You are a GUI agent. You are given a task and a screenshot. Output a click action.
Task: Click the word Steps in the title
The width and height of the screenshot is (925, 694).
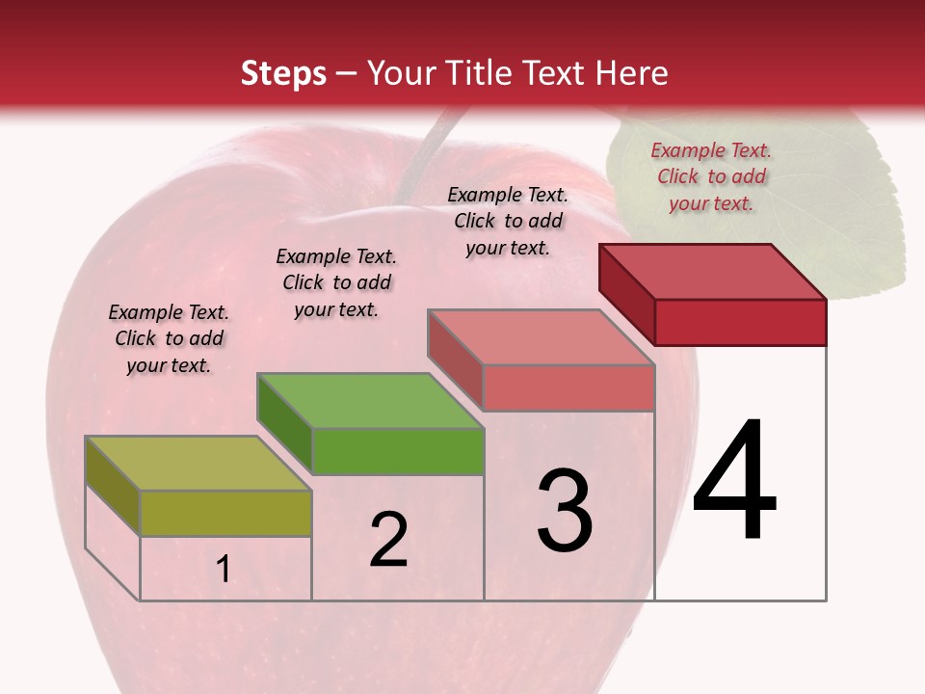tap(282, 73)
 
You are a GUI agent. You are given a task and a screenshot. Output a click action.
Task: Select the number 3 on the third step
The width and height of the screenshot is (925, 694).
tap(565, 510)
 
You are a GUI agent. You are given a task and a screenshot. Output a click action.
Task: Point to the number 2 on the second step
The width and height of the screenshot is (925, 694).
tap(388, 540)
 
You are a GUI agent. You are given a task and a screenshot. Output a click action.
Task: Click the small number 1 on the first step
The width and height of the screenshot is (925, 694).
tap(224, 570)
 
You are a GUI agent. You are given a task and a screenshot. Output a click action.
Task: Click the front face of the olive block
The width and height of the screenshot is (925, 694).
tap(225, 513)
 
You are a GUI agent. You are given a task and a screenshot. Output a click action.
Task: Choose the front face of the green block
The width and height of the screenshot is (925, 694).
tap(397, 451)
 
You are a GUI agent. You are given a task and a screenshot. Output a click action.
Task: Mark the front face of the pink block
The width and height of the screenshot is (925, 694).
tap(568, 387)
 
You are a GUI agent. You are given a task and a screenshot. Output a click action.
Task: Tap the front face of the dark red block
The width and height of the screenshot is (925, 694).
tap(740, 322)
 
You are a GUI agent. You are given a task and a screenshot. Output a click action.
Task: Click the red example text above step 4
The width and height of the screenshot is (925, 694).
tap(711, 176)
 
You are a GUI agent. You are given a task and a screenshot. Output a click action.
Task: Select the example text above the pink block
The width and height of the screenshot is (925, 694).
tap(508, 221)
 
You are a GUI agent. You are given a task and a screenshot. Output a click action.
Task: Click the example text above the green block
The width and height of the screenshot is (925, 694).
tap(336, 282)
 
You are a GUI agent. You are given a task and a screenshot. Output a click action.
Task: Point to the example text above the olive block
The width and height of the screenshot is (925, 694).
tap(169, 338)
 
